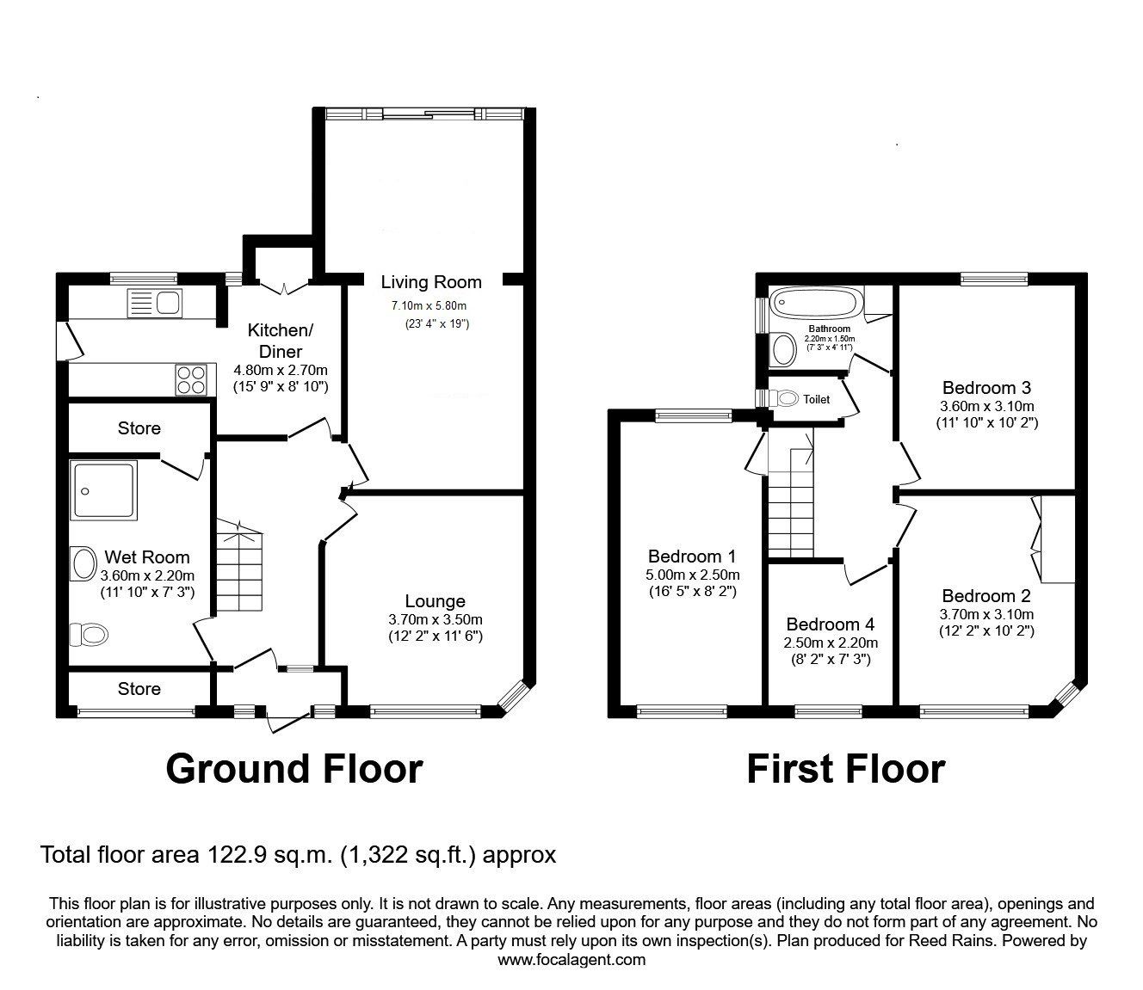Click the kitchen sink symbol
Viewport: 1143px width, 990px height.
pos(154,302)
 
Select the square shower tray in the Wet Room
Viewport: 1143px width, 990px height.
pos(104,490)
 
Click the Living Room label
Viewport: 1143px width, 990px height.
pos(431,282)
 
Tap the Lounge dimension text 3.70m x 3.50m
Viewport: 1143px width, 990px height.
pos(436,620)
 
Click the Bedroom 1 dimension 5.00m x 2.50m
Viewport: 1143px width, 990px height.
pos(692,575)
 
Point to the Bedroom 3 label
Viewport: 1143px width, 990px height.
pos(986,388)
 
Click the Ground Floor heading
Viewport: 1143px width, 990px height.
pos(293,768)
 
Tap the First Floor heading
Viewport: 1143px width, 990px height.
pos(845,768)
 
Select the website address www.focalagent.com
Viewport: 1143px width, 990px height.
pos(571,960)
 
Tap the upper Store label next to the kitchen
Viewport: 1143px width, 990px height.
pos(139,428)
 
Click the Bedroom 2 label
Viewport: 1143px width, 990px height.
pos(986,596)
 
